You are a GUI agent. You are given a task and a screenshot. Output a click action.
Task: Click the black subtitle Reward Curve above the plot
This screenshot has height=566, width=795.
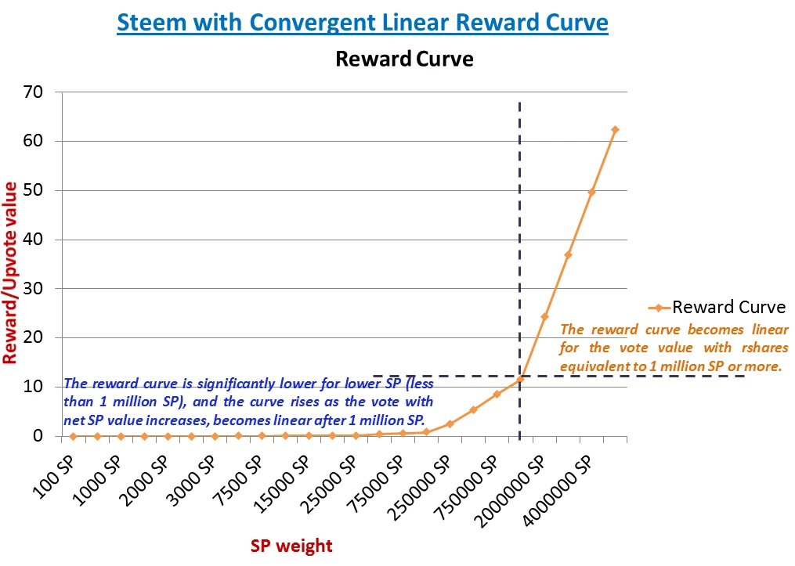click(x=404, y=59)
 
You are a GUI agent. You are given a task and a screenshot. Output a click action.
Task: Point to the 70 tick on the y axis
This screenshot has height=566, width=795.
click(x=42, y=92)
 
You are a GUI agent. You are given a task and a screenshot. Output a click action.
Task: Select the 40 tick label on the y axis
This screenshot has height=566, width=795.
click(x=42, y=240)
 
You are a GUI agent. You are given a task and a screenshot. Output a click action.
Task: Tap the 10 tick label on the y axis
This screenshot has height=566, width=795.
click(x=42, y=387)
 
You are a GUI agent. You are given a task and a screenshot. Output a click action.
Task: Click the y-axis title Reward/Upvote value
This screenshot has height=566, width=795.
click(x=11, y=272)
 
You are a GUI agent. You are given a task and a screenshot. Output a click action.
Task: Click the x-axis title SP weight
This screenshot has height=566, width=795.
click(x=291, y=546)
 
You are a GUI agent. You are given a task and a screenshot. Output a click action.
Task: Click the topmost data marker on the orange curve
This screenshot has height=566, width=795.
click(x=615, y=129)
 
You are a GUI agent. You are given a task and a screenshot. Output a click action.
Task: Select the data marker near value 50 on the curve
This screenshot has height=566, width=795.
click(x=591, y=192)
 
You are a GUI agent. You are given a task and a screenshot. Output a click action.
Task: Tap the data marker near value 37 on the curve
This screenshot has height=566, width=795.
click(x=568, y=254)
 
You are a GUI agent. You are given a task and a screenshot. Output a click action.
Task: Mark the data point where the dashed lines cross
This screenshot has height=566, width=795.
click(x=520, y=379)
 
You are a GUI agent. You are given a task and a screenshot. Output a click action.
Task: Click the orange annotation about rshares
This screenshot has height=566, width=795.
click(x=674, y=347)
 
